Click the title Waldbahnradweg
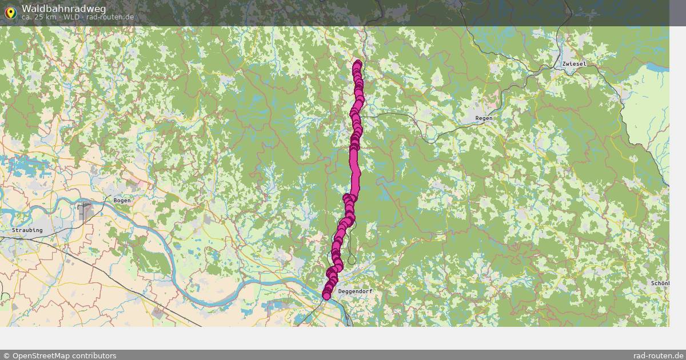(x=57, y=8)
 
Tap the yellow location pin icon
(x=10, y=12)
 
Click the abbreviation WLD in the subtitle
(x=71, y=17)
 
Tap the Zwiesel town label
(x=574, y=64)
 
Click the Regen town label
(x=484, y=118)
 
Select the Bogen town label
(x=122, y=201)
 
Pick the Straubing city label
(x=27, y=230)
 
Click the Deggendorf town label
(x=356, y=291)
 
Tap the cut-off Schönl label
(x=660, y=283)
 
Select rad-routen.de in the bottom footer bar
(x=659, y=355)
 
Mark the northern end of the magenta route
(x=358, y=63)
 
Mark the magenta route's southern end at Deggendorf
(x=326, y=295)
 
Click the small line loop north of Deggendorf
(x=352, y=260)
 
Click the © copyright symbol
(x=6, y=355)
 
